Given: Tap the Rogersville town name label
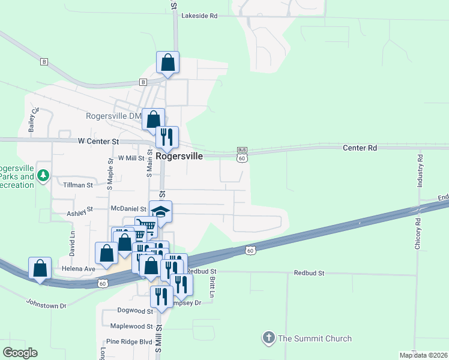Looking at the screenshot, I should click(179, 155).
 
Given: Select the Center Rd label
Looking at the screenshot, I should click(360, 147).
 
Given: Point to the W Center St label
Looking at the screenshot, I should click(98, 142).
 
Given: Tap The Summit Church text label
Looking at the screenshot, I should click(315, 338).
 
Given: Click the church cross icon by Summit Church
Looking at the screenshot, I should click(269, 338).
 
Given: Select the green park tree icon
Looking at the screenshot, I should click(43, 176).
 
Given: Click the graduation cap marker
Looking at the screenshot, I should click(160, 211).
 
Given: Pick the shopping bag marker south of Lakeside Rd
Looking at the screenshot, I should click(168, 62).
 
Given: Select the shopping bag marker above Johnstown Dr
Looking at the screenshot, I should click(40, 267).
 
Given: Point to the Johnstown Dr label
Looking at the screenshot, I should click(46, 305).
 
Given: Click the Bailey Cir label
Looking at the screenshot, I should click(34, 119).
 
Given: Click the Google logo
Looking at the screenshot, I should click(20, 353).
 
